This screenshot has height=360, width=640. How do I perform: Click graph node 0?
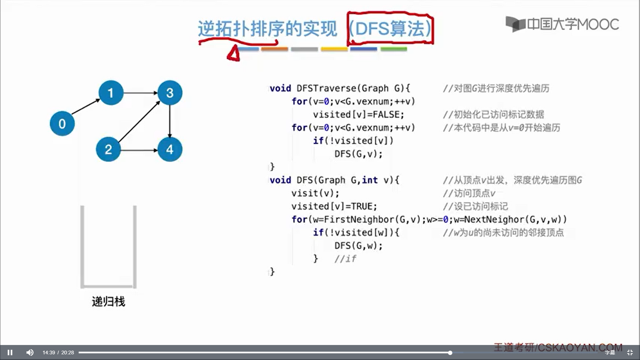62,124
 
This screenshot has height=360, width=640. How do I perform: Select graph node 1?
111,93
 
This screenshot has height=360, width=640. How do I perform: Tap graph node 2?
108,149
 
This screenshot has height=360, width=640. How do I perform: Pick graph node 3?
170,93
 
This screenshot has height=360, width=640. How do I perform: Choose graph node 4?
170,149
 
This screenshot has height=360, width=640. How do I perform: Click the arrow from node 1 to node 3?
140,93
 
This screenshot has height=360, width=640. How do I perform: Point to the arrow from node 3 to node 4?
170,121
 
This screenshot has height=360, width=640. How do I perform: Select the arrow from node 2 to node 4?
139,150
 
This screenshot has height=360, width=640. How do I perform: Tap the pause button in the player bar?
10,352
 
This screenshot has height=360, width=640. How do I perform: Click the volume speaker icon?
30,352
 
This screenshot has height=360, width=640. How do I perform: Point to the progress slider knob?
450,353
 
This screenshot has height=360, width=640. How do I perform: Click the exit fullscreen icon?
630,352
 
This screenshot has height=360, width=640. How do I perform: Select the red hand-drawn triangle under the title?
234,54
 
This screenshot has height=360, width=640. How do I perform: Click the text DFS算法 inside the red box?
390,29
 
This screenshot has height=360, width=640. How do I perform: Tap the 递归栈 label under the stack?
108,302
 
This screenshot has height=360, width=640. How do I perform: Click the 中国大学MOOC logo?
562,24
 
